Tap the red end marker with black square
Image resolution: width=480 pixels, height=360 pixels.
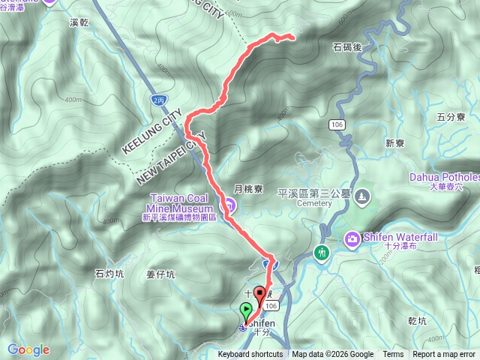pyautogui.click(x=260, y=295)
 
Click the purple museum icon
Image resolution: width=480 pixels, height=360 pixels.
pyautogui.click(x=230, y=205)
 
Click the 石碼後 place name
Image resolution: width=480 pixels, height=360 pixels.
pyautogui.click(x=347, y=46)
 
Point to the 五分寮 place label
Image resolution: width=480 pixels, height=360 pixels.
pyautogui.click(x=451, y=117)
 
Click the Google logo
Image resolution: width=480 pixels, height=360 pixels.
pyautogui.click(x=28, y=349)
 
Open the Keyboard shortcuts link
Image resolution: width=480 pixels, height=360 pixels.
pyautogui.click(x=250, y=355)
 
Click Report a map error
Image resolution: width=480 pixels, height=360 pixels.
pyautogui.click(x=445, y=355)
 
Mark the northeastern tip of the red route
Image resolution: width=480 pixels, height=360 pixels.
pyautogui.click(x=292, y=37)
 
